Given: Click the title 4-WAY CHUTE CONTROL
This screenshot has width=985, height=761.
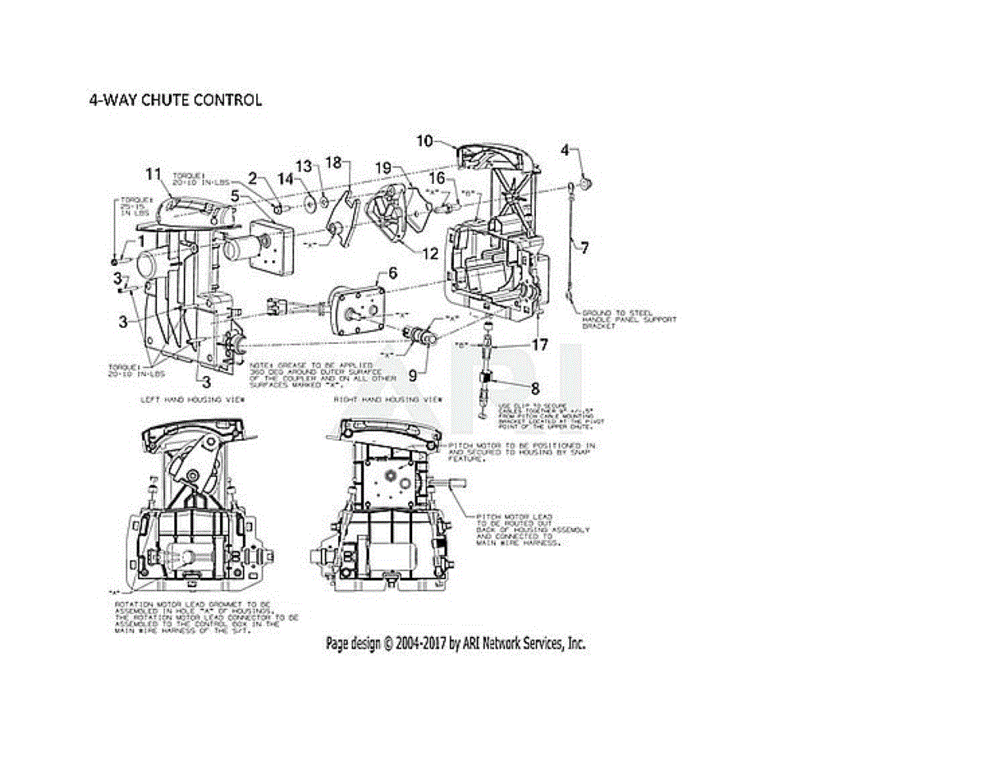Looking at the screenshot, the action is pos(175,100).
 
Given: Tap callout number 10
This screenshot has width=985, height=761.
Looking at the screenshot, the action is pos(424,140).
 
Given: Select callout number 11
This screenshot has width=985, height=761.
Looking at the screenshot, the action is pos(153,173).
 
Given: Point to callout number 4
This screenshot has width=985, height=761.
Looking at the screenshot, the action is pos(565,150).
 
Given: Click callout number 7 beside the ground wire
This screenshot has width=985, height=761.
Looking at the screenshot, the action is pos(584,247).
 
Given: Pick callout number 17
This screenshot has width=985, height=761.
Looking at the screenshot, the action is pos(538,346).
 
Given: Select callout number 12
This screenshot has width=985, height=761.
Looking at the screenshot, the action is pos(430,254).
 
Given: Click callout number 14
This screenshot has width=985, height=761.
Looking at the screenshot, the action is pos(285,178).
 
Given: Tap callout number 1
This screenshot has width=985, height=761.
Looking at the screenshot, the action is pos(140,241).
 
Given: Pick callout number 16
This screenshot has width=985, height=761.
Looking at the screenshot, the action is pos(437,177).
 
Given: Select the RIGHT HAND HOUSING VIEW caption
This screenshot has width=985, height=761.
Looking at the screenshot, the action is pos(387,399).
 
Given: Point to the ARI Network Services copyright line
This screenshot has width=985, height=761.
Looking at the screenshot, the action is pos(456,644).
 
